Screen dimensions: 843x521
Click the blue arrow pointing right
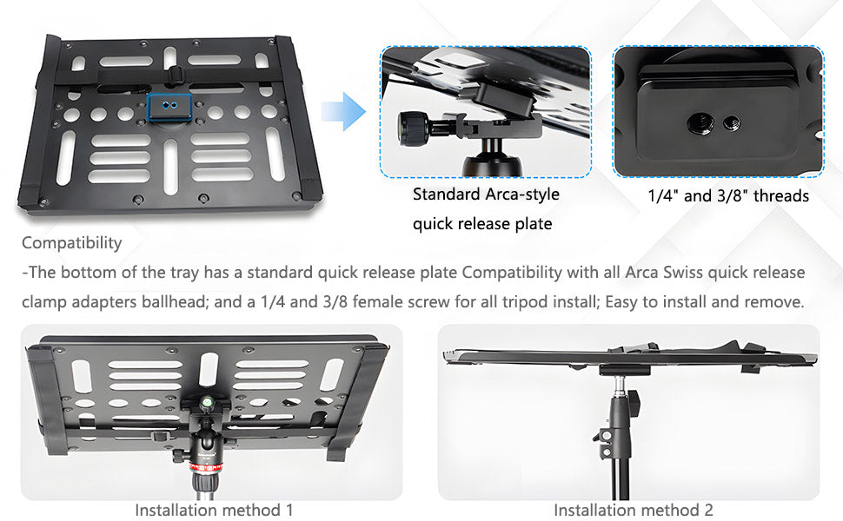(344, 111)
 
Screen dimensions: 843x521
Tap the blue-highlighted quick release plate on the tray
(169, 107)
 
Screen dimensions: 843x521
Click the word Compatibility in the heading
(72, 243)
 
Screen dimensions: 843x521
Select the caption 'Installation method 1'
(214, 510)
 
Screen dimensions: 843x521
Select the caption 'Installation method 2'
(634, 510)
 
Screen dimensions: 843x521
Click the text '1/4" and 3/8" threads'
(728, 196)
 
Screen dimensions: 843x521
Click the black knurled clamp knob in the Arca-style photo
(412, 128)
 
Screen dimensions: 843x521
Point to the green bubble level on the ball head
(207, 401)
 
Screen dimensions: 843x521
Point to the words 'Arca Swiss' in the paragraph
(663, 273)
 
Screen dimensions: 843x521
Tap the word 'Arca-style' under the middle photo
(522, 194)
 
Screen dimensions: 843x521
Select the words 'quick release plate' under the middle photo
(482, 223)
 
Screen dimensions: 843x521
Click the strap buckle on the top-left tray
(176, 74)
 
